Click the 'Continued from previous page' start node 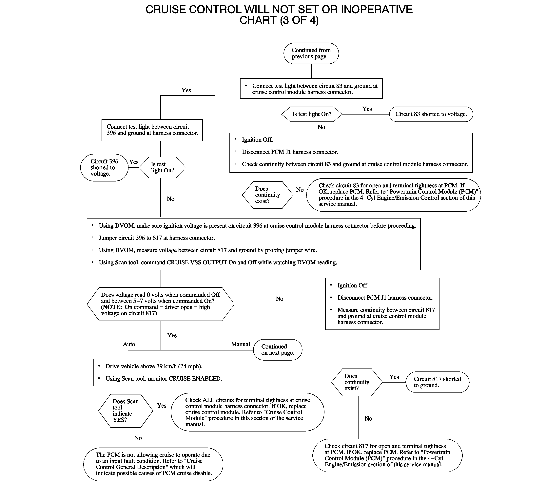tap(311, 53)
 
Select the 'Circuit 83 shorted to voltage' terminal tap(431, 114)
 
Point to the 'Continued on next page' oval tap(278, 349)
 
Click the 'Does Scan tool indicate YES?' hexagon tap(126, 410)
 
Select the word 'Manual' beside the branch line tap(240, 344)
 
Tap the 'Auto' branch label tap(129, 344)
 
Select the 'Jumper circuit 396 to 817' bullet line tap(157, 238)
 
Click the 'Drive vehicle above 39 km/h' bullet tap(154, 366)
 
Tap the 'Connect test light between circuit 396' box tap(152, 130)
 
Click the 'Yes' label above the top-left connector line tap(186, 90)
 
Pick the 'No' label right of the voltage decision tap(279, 299)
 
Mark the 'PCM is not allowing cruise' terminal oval tap(153, 464)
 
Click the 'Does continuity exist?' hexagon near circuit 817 tap(357, 382)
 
